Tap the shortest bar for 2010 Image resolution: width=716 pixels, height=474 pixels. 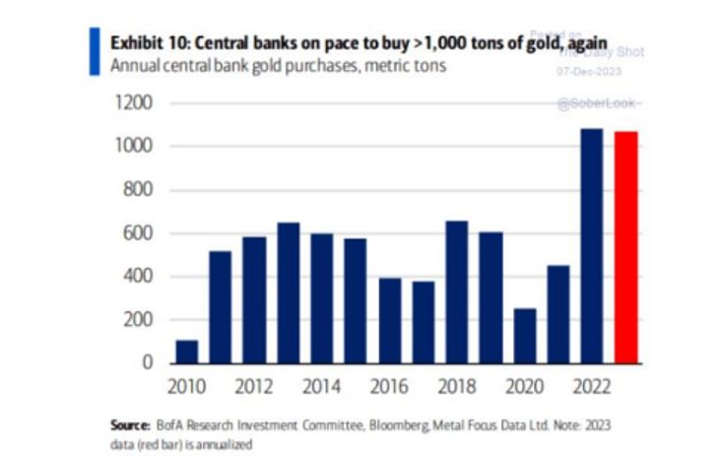click(186, 351)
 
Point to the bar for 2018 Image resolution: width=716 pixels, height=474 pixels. click(457, 292)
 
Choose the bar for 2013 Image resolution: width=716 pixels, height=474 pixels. click(288, 293)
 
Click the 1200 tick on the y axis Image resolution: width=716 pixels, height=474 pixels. click(134, 102)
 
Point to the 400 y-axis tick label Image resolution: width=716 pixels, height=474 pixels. click(139, 276)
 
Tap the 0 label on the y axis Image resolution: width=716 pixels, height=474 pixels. click(150, 363)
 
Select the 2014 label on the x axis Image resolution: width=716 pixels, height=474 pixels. click(322, 386)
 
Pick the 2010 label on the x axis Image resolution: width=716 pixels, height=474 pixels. click(186, 386)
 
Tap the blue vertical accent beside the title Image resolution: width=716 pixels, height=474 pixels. click(94, 51)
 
